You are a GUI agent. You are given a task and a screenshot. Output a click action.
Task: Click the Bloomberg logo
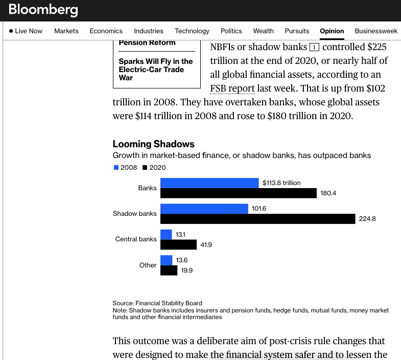43,10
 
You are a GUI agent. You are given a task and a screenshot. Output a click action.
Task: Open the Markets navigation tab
66,31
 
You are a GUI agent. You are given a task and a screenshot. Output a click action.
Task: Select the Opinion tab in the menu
332,31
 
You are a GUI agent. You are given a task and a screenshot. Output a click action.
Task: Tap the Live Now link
26,31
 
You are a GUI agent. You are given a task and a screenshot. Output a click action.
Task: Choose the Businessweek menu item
376,31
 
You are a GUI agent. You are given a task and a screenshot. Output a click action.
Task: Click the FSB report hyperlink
232,88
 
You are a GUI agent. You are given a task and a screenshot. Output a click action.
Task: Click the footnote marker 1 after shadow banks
314,48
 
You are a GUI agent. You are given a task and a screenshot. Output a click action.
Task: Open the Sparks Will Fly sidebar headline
156,70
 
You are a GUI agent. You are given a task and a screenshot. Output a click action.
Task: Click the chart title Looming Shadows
153,144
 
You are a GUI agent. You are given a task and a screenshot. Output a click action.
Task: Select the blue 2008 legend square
116,168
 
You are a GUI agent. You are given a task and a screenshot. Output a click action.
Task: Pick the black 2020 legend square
145,168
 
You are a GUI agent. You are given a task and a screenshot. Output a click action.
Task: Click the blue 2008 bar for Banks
209,183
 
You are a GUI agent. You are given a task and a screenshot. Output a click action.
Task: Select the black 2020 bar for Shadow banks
257,219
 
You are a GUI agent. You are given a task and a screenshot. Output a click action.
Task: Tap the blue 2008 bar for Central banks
166,235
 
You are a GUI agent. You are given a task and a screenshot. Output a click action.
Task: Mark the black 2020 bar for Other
169,271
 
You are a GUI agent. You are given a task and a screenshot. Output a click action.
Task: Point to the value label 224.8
367,219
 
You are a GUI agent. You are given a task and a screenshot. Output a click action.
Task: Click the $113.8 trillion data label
281,183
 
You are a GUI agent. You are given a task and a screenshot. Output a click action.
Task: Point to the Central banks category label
136,239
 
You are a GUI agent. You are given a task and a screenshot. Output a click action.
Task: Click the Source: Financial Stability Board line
157,303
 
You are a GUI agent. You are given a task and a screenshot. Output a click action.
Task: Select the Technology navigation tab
192,31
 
